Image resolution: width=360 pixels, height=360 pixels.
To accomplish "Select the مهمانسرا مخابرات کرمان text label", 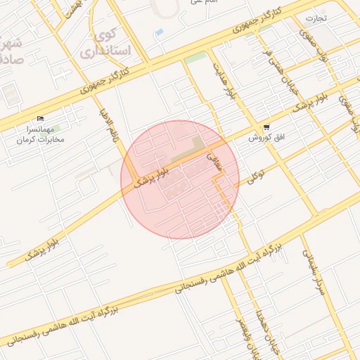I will pos(41,134).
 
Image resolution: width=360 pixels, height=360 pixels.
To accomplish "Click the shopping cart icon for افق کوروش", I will pos(266,129).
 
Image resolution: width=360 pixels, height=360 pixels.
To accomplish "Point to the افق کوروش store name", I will pos(266,138).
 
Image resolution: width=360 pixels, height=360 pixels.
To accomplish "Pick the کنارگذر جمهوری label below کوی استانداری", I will pos(105,79).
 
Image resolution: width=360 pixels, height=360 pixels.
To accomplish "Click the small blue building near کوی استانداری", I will pos(160,32).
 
